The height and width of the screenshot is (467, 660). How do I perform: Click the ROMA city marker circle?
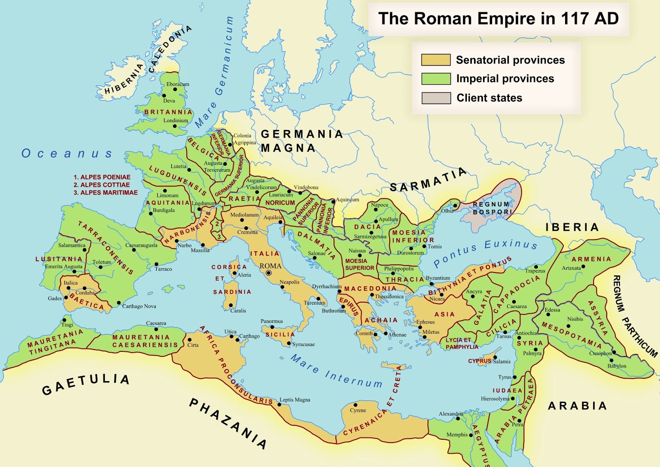coord(269,273)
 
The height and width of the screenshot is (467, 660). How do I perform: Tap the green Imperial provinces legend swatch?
coord(436,79)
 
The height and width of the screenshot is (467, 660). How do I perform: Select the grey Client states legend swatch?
coord(436,98)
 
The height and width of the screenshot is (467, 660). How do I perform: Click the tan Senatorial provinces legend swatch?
coord(436,60)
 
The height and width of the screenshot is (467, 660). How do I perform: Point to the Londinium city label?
coord(175,121)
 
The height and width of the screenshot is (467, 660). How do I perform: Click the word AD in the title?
coord(604,19)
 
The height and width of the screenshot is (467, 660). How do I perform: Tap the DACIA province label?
coord(367,227)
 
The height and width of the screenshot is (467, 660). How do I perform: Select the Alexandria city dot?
coord(457,419)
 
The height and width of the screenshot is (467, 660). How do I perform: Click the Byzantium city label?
coord(438,278)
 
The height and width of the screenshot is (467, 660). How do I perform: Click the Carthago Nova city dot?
coord(119,303)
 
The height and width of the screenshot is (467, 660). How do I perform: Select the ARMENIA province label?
coord(591,259)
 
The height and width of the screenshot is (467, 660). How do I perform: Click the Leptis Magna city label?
coord(295,400)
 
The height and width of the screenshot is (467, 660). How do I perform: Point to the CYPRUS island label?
coord(479,361)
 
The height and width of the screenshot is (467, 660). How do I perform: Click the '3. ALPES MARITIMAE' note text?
coord(106,193)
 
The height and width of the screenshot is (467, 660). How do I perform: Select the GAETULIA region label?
coord(86,384)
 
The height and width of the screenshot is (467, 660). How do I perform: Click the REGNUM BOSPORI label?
coord(492,208)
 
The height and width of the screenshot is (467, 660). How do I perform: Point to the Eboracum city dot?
coord(175,89)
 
